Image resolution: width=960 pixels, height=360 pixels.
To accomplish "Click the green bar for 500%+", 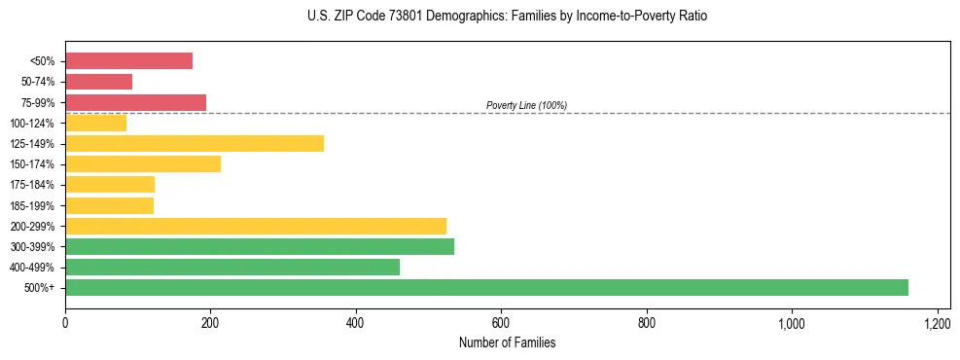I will (x=486, y=287).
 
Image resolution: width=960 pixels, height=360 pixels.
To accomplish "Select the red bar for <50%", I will (x=128, y=61).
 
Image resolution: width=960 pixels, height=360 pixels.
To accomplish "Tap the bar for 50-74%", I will (x=98, y=82).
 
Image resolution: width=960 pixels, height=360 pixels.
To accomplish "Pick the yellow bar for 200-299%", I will (x=256, y=226).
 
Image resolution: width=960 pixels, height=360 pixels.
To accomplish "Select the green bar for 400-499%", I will (x=232, y=267).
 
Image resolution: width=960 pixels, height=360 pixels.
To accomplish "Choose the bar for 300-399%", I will (x=260, y=246).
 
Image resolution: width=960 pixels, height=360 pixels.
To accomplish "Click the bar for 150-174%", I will (x=143, y=163).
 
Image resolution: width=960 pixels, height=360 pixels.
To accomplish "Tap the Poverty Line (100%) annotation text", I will (x=526, y=105).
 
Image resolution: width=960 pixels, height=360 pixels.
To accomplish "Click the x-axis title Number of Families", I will (x=507, y=342).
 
